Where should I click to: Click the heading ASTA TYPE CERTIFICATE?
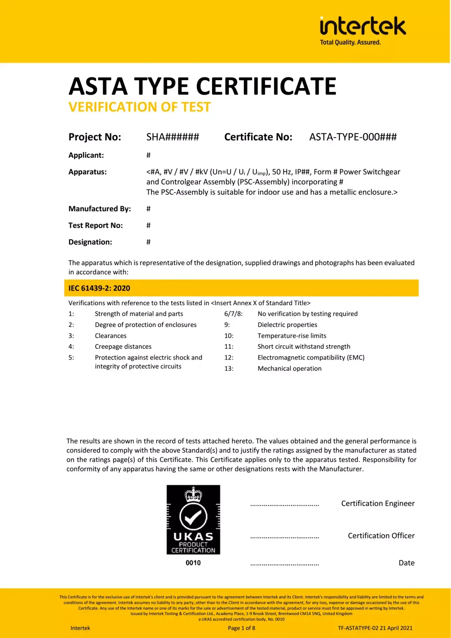pos(203,86)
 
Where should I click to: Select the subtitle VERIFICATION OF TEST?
pos(139,107)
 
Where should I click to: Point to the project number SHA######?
pos(172,137)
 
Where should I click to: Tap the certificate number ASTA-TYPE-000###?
pos(353,137)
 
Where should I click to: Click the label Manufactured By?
pos(99,209)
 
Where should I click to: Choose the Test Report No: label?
pos(96,225)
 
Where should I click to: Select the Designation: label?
pos(90,242)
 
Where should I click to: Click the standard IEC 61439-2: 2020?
pos(99,288)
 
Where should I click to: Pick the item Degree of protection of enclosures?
pos(145,325)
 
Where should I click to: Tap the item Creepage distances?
pos(123,347)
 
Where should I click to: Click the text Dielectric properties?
pos(287,325)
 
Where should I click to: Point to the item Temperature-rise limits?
pos(292,336)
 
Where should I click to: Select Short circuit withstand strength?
pos(304,347)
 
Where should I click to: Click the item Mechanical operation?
pos(289,369)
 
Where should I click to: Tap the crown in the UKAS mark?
pos(193,494)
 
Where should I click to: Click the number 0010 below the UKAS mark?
pos(193,563)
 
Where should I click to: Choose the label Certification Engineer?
pos(378,504)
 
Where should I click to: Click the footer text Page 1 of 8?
pos(241,628)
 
